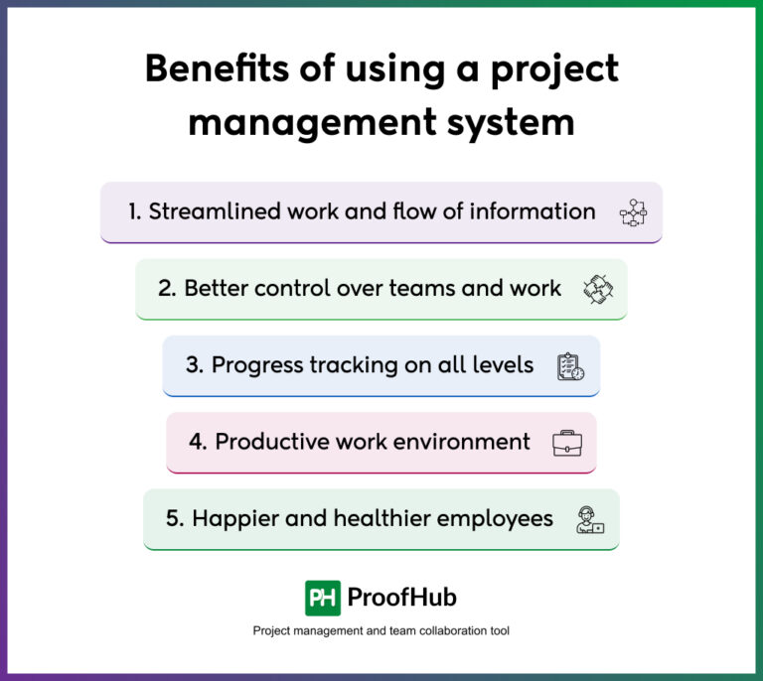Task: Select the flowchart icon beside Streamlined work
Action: pyautogui.click(x=633, y=211)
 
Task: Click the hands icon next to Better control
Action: pyautogui.click(x=598, y=289)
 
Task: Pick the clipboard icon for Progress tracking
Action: pyautogui.click(x=570, y=366)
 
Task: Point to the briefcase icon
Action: pyautogui.click(x=567, y=443)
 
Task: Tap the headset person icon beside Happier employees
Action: pyautogui.click(x=590, y=519)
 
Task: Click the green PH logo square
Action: pyautogui.click(x=323, y=598)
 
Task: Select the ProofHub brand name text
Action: pyautogui.click(x=402, y=598)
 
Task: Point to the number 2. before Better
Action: pyautogui.click(x=167, y=289)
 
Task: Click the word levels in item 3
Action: pyautogui.click(x=501, y=365)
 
